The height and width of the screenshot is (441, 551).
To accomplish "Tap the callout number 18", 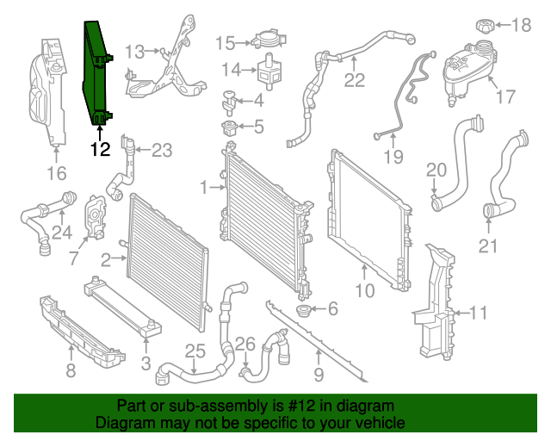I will point(522,25).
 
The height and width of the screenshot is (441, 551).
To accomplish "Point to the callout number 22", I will point(355,82).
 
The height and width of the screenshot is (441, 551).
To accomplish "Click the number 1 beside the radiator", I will point(204,187).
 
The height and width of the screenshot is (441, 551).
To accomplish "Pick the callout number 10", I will point(365,291).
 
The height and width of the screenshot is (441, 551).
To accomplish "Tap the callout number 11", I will point(479,312).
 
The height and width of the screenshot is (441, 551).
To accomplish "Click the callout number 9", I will point(319,375).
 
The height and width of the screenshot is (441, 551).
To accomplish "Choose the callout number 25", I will point(195,351).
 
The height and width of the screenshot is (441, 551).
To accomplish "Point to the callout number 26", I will point(245,345).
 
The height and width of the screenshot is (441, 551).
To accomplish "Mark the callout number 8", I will point(71,371).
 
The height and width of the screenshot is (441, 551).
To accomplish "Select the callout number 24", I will point(60,232).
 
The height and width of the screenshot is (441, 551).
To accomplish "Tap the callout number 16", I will point(56,175).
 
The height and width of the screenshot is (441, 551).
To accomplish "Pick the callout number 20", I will point(436,169).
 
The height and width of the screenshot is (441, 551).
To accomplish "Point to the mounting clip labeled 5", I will point(230,129).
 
